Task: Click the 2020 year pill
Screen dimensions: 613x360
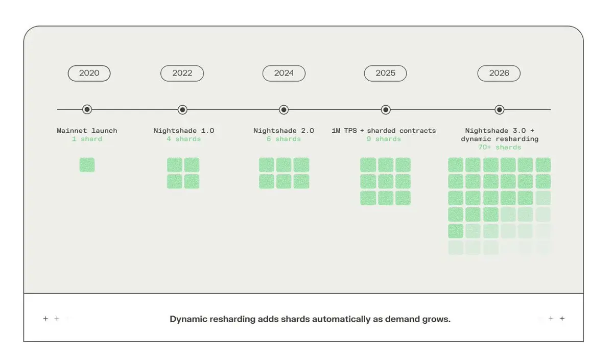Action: click(89, 74)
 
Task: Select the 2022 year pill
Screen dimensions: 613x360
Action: click(182, 74)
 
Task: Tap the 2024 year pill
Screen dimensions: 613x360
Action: click(284, 74)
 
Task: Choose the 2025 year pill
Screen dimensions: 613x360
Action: click(385, 74)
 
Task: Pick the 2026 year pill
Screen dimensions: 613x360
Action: click(499, 74)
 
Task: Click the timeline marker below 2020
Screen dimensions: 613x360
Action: click(87, 110)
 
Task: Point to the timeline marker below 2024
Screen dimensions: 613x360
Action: click(284, 110)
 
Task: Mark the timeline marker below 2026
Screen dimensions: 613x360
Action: click(500, 110)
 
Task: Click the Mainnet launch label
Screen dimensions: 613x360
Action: click(87, 131)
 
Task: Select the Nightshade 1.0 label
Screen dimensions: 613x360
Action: click(184, 131)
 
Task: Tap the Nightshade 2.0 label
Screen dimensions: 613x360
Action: click(284, 131)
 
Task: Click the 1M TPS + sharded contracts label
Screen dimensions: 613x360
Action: click(384, 131)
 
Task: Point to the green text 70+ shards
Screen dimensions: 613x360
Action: click(500, 147)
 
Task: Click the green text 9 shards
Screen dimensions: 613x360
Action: click(384, 139)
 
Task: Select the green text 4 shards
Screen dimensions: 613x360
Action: click(184, 139)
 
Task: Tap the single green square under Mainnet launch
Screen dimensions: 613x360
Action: click(87, 165)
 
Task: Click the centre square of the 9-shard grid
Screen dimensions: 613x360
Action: click(386, 181)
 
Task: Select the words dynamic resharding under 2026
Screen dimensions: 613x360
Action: click(500, 139)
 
